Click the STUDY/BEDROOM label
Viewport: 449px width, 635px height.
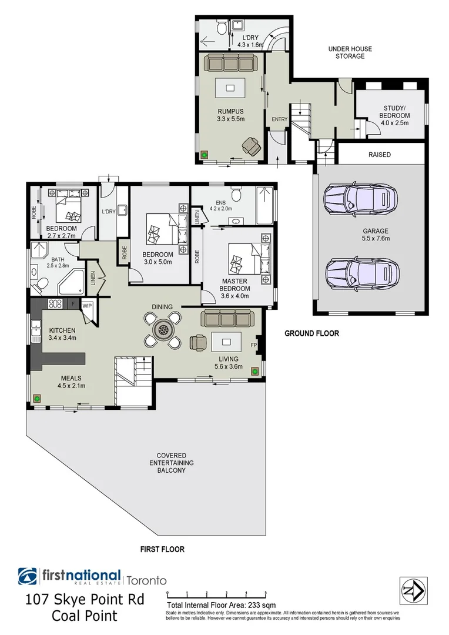click(x=391, y=111)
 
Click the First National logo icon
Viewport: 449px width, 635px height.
click(x=28, y=577)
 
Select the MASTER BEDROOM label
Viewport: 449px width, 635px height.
click(x=234, y=285)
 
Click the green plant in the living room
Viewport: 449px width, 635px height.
click(x=255, y=371)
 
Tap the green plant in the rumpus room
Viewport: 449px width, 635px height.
click(x=205, y=155)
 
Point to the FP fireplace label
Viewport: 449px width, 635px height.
click(x=254, y=345)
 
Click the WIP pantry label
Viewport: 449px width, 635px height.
click(x=88, y=306)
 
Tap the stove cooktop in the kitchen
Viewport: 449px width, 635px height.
click(x=55, y=304)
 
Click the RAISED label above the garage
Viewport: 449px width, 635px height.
click(x=380, y=155)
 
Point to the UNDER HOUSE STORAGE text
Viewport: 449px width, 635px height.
click(x=350, y=52)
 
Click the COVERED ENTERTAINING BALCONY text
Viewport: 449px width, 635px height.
click(x=171, y=463)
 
